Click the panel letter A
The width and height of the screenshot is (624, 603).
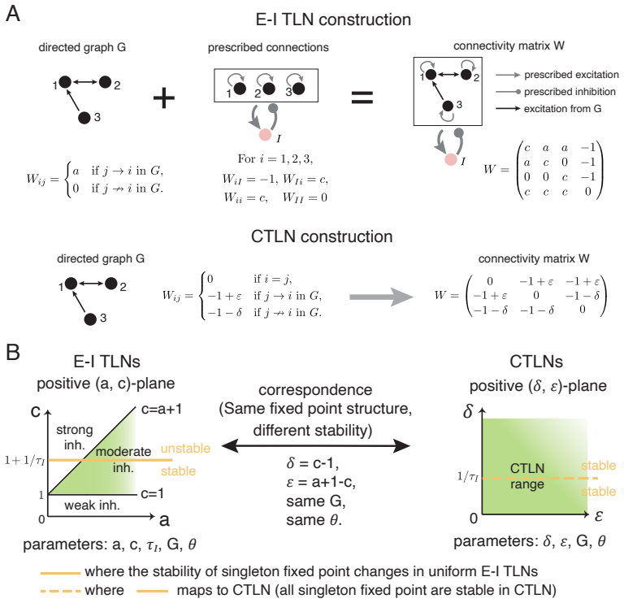tap(13, 14)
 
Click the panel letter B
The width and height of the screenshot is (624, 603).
tap(13, 352)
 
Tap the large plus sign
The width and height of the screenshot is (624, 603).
tap(164, 98)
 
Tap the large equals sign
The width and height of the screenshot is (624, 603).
tap(362, 98)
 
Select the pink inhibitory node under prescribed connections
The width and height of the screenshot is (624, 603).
tap(265, 135)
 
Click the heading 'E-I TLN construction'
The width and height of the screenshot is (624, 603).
tap(333, 20)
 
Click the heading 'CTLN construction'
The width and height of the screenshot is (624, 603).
tap(322, 236)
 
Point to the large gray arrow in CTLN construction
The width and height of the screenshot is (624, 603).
tap(381, 297)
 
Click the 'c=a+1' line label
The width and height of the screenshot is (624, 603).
tap(162, 409)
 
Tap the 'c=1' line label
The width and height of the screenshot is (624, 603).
tap(153, 493)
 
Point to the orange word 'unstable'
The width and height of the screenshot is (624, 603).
tap(185, 448)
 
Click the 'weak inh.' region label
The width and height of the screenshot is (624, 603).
tap(92, 505)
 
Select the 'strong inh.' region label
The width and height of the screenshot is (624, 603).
tap(75, 437)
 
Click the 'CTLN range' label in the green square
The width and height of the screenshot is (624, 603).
tap(526, 476)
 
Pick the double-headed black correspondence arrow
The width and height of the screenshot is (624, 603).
tap(315, 446)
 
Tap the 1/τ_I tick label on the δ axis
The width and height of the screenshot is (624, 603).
tap(467, 476)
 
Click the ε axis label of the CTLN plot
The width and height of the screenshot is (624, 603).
tap(599, 516)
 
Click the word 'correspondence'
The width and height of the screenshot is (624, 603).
tap(315, 390)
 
